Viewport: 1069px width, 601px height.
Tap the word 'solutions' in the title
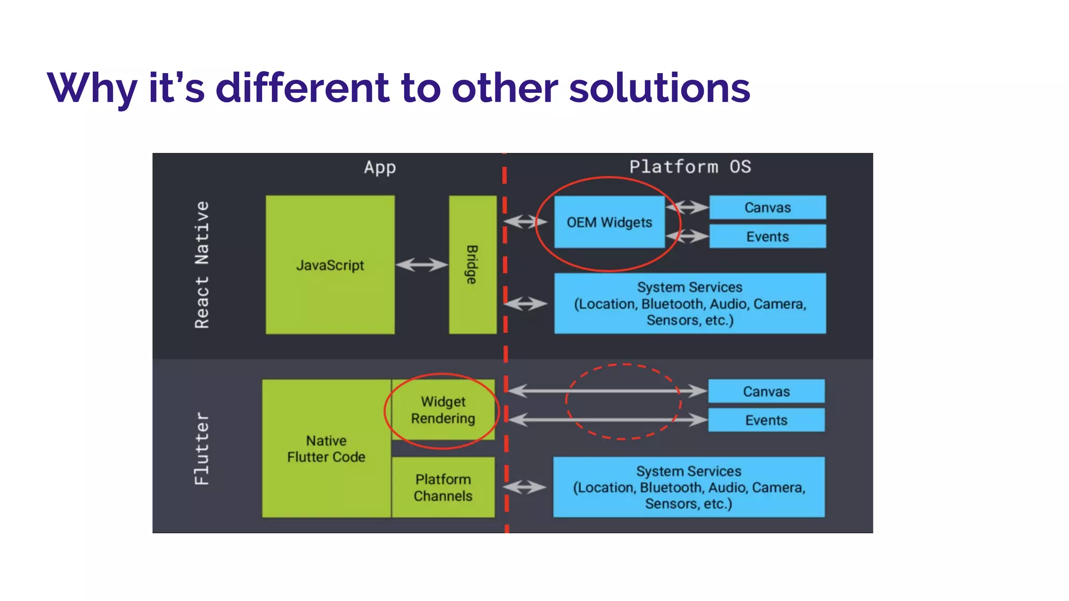659,88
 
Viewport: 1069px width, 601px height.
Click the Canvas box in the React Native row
767,208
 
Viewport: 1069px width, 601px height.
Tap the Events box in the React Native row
767,236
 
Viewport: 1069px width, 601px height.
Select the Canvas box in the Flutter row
766,391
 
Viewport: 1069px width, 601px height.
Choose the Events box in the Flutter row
766,420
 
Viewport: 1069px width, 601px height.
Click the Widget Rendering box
443,410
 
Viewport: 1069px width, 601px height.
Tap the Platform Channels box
443,487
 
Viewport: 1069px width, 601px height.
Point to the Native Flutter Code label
326,449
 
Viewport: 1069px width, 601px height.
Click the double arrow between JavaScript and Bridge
422,265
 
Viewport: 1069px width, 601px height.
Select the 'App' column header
380,167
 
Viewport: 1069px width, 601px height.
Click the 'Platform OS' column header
690,167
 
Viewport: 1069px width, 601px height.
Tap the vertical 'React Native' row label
202,265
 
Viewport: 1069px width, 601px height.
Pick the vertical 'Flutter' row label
202,449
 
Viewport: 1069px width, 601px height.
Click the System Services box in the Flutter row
689,487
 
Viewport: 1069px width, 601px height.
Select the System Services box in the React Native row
690,303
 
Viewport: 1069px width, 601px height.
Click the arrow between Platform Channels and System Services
525,487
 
